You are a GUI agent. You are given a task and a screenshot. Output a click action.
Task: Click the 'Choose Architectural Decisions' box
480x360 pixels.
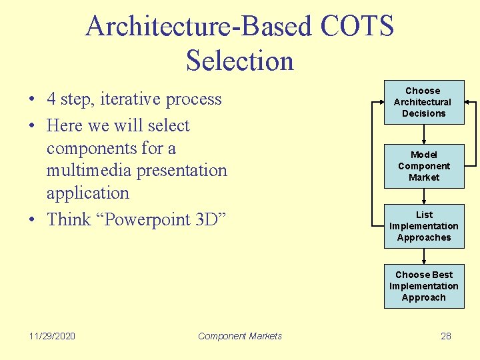point(423,102)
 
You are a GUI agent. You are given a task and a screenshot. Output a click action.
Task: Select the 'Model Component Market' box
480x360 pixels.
point(423,166)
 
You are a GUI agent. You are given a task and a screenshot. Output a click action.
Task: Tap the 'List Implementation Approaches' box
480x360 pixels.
point(423,226)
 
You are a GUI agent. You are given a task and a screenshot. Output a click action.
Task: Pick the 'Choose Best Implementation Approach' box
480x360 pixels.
point(423,286)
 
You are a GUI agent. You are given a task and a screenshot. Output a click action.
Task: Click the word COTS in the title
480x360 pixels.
point(357,27)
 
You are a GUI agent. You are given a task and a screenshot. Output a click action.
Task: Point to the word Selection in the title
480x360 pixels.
point(240,61)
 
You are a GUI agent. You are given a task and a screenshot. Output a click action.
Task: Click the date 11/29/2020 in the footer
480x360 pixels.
point(53,336)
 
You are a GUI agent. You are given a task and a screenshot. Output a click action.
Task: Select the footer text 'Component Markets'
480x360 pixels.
point(240,336)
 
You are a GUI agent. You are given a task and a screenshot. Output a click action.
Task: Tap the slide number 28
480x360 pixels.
point(446,336)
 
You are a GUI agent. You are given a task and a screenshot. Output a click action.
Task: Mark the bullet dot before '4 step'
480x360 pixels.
point(32,100)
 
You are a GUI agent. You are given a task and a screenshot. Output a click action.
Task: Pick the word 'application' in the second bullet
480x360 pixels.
point(87,193)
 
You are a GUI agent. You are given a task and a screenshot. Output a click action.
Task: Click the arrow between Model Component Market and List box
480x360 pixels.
point(424,196)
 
